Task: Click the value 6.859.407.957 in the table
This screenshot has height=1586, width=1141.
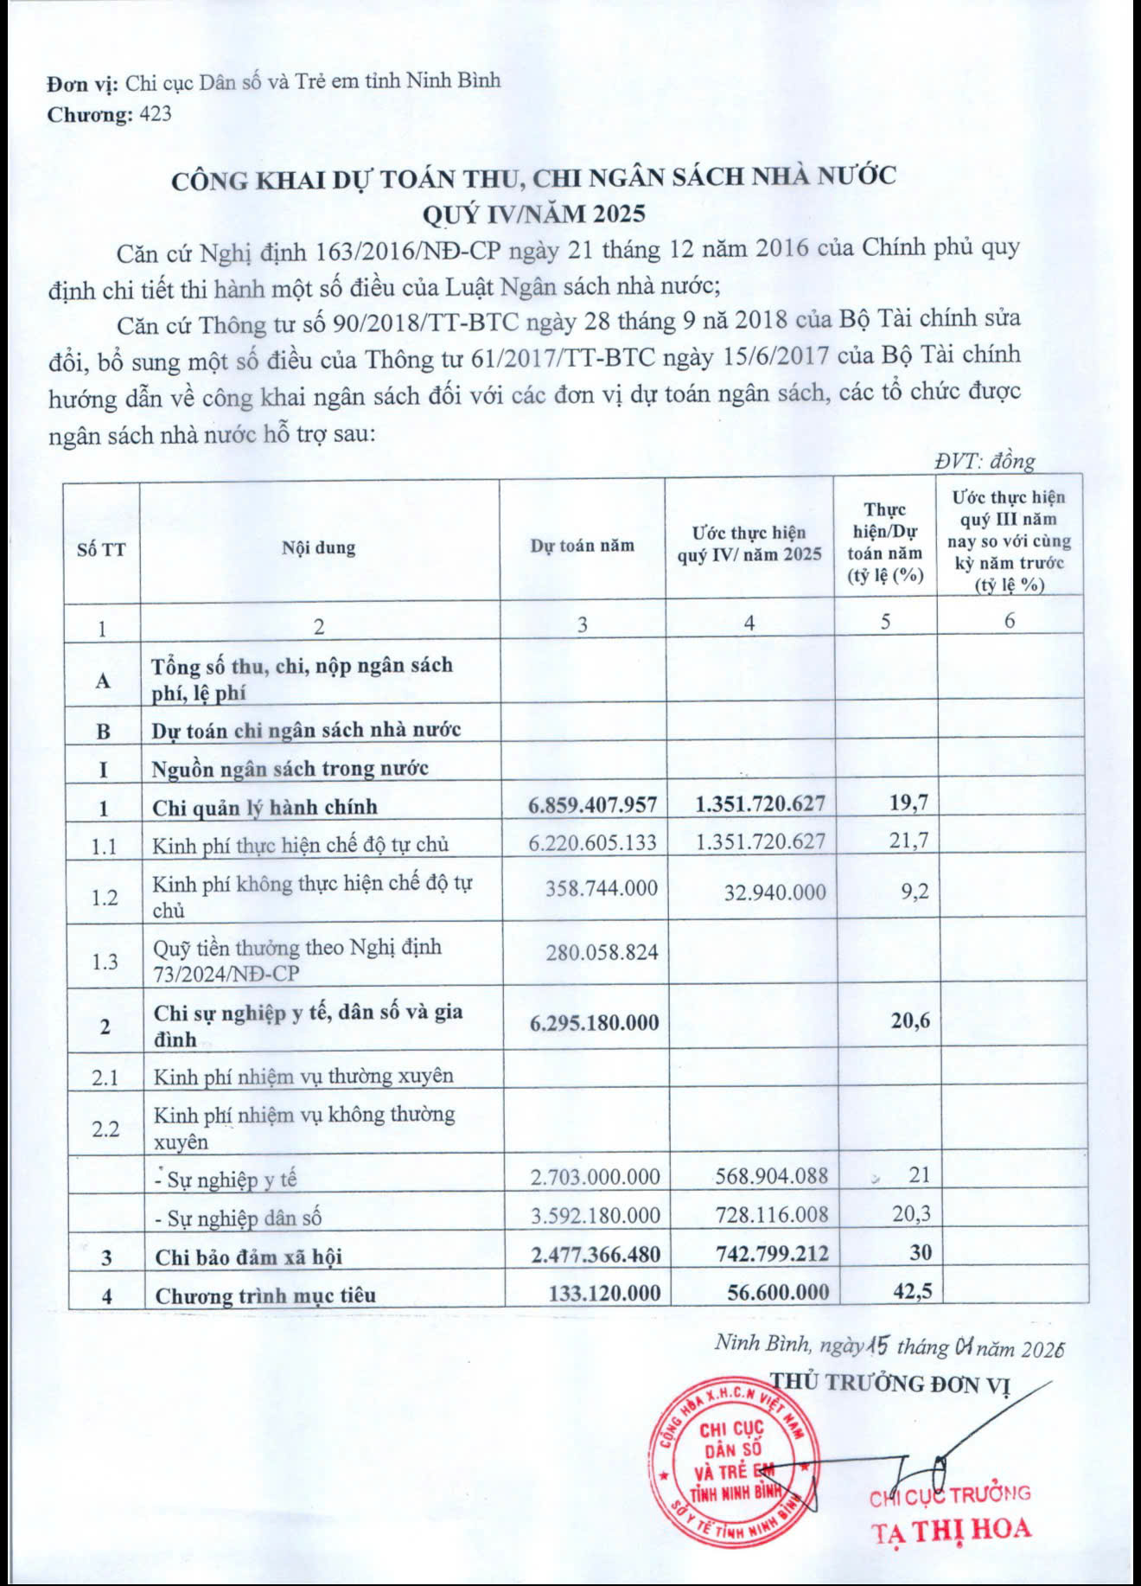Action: pos(592,805)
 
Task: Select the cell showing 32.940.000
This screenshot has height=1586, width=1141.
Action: pos(774,892)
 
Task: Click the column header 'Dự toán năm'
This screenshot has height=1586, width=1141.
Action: pos(582,546)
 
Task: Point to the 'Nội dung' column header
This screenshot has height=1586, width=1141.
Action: pos(318,547)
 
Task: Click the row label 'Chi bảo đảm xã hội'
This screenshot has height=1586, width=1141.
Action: pos(249,1257)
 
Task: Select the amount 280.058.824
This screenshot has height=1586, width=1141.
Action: pos(602,953)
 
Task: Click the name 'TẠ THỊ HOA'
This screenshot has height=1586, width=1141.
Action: pos(951,1530)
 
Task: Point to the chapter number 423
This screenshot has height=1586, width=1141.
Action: pos(154,114)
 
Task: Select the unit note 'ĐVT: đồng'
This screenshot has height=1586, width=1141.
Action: pos(985,462)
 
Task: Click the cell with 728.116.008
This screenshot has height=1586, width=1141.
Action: pos(771,1215)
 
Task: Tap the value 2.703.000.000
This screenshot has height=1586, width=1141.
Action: pos(595,1177)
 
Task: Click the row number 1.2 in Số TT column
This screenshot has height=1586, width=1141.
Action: pos(105,898)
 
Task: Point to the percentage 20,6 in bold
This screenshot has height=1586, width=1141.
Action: pos(910,1021)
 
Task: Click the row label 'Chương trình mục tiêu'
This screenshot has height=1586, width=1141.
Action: pos(265,1295)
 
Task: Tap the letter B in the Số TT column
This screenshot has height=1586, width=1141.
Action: pos(103,732)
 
